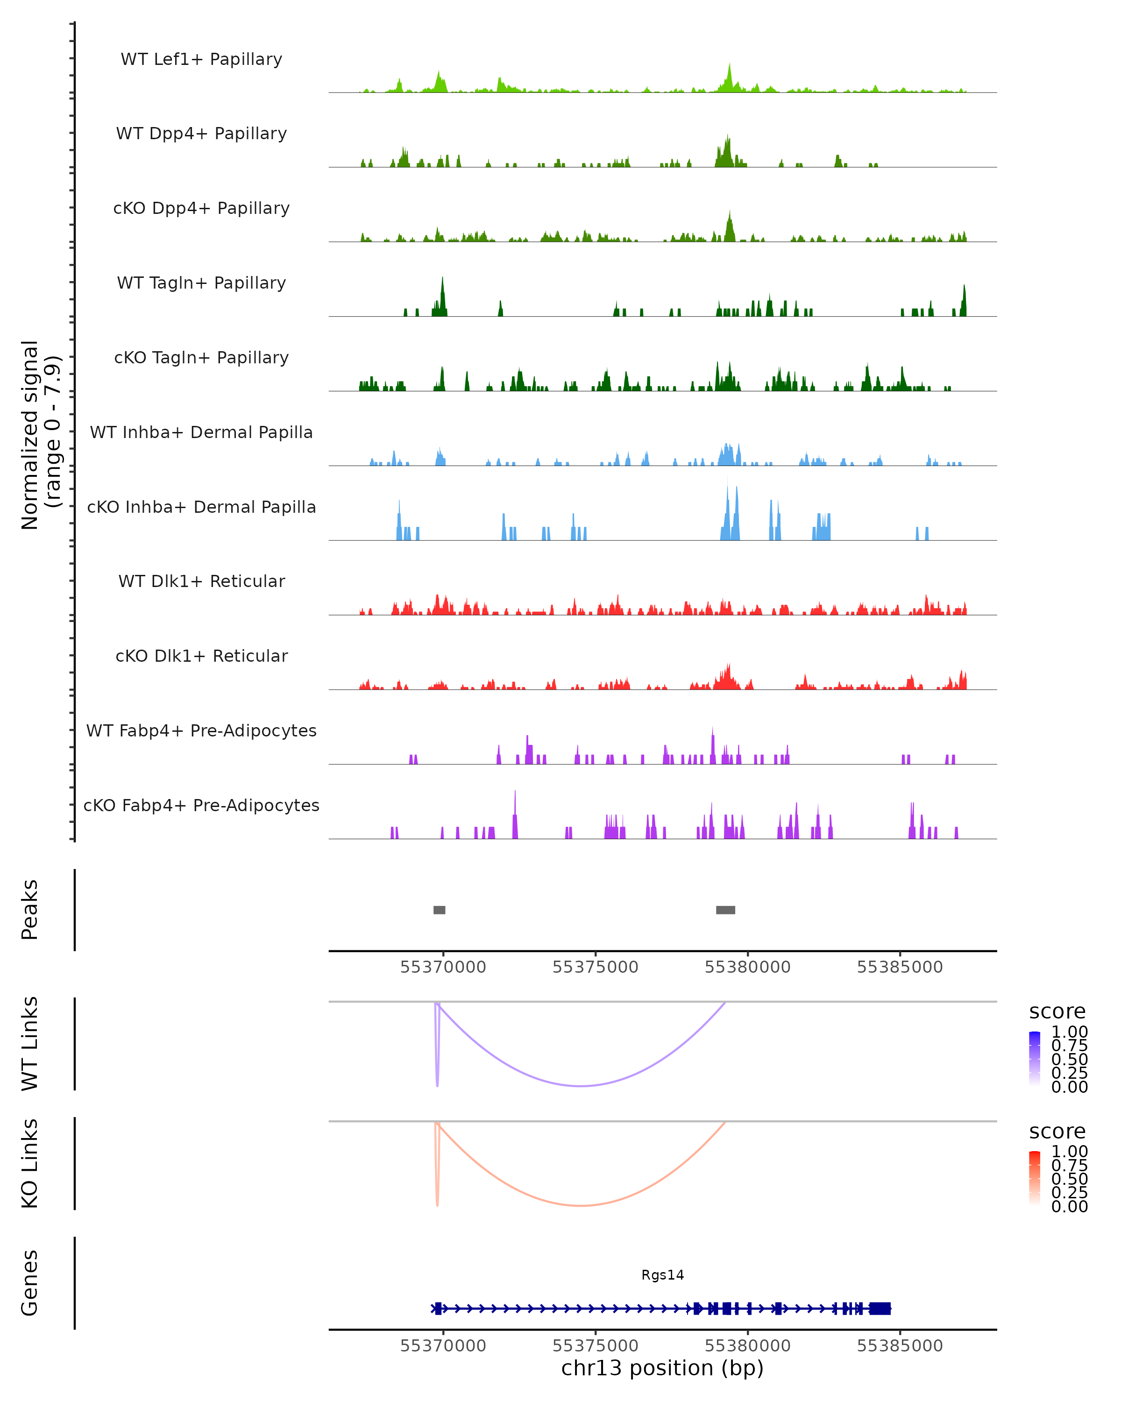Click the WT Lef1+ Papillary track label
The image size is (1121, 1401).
(x=201, y=59)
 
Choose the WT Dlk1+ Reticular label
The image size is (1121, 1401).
(x=201, y=581)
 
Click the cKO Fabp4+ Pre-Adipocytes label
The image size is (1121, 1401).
(x=201, y=805)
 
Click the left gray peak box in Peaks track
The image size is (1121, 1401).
(x=440, y=910)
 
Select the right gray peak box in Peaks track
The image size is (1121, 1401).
(x=725, y=910)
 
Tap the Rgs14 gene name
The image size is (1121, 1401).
(x=662, y=1275)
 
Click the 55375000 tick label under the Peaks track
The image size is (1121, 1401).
(x=595, y=967)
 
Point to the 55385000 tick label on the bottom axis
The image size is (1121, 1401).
(x=900, y=1346)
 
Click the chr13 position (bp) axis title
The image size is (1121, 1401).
(x=662, y=1368)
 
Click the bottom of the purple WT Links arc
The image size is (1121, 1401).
(x=582, y=1086)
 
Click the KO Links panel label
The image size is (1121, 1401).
(x=30, y=1163)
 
